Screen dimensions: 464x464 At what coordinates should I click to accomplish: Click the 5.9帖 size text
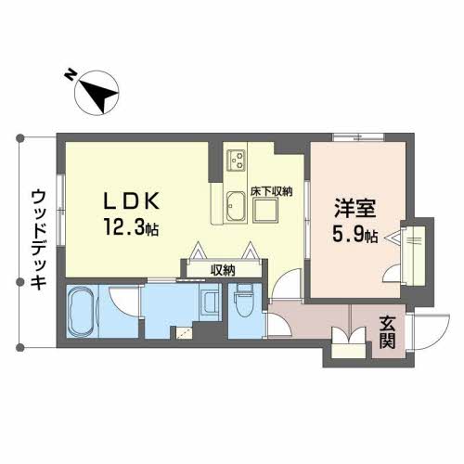click(354, 236)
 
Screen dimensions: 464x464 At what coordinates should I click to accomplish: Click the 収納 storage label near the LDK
click(223, 270)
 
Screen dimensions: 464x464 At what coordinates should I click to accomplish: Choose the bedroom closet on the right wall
click(414, 250)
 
